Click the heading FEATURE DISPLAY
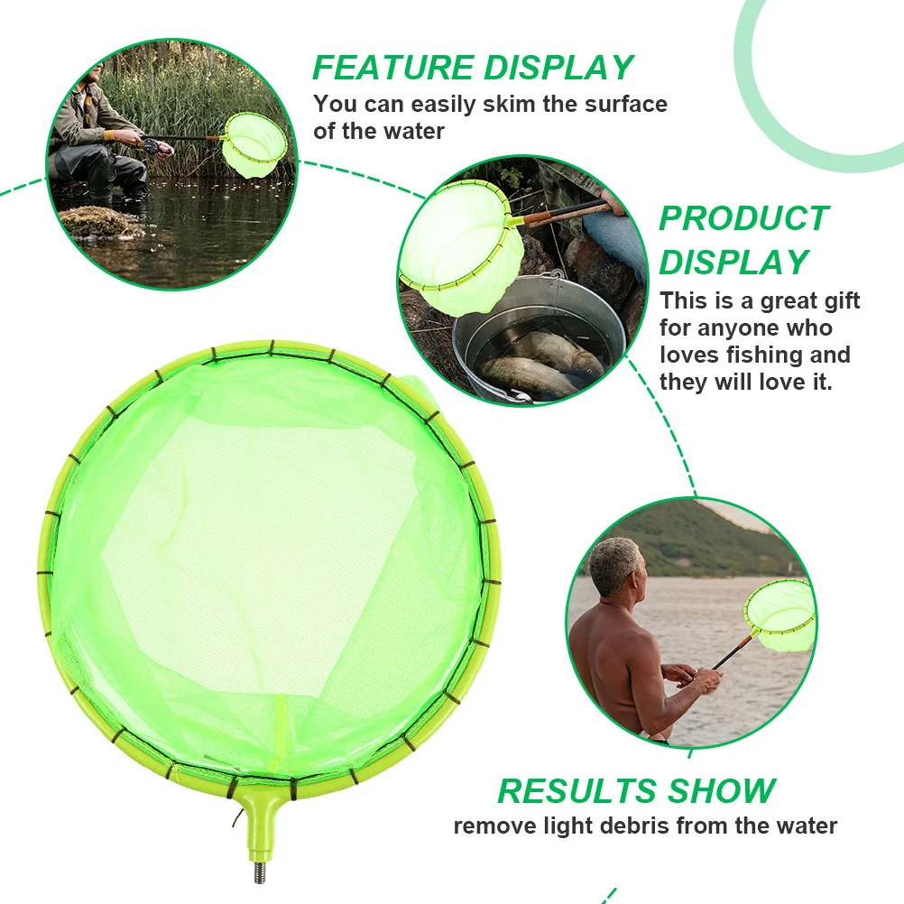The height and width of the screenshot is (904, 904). pyautogui.click(x=473, y=68)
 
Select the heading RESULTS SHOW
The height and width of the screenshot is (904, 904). pyautogui.click(x=636, y=791)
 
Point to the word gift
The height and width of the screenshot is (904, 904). pyautogui.click(x=835, y=300)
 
